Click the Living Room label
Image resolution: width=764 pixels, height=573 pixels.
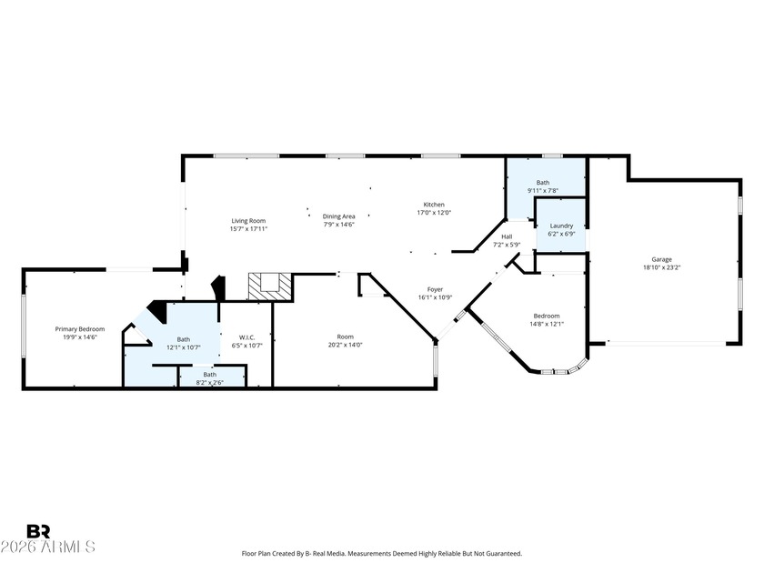(248, 221)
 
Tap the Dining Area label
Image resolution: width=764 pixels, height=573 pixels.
(338, 216)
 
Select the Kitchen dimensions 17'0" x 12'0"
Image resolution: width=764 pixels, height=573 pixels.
(434, 213)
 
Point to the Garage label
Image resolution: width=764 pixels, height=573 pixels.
(662, 260)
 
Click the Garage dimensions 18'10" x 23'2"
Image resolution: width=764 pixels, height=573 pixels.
(662, 267)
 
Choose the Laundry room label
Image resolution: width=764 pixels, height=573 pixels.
(561, 226)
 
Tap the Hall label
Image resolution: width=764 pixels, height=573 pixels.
(507, 236)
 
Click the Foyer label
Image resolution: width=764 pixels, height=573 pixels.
(435, 289)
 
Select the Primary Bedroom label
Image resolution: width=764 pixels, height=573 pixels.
(80, 329)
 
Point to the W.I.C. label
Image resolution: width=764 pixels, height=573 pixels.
(247, 337)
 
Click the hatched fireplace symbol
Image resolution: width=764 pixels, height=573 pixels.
(269, 286)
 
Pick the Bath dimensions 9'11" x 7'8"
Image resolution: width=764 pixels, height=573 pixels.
(543, 190)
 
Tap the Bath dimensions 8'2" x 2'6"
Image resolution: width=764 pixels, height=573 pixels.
(209, 383)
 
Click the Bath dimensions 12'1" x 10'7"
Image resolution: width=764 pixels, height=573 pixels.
(184, 347)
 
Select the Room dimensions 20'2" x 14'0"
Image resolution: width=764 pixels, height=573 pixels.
(346, 345)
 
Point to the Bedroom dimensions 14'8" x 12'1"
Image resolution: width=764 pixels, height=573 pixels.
(547, 324)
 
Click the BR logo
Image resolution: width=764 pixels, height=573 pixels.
(38, 531)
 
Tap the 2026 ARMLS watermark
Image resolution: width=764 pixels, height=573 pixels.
(47, 547)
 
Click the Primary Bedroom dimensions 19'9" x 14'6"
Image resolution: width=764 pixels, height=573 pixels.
(80, 337)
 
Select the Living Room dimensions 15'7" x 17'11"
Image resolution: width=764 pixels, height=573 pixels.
(248, 228)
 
